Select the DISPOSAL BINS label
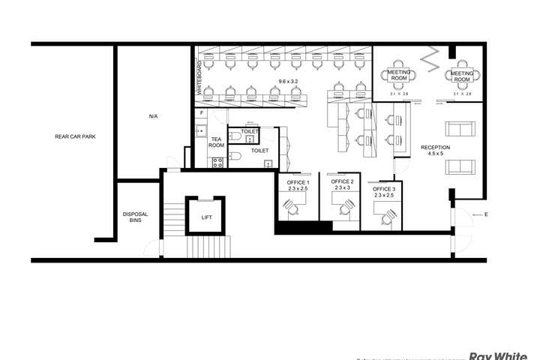pos(135,217)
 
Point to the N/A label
pos(153,116)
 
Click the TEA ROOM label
pos(216,142)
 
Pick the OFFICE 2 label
pos(342,181)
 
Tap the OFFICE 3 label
pos(384,189)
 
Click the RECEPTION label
pos(435,147)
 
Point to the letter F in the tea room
pos(201,113)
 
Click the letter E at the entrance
pos(486,215)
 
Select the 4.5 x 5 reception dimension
pos(435,154)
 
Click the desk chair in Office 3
pos(388,217)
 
